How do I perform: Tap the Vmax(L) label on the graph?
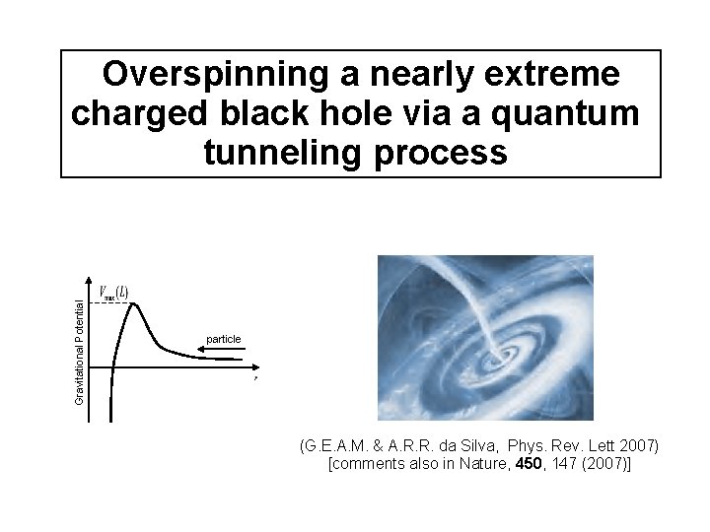coord(113,292)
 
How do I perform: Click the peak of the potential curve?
coord(133,304)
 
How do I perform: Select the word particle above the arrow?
coord(224,339)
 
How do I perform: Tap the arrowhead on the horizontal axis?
coord(255,367)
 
